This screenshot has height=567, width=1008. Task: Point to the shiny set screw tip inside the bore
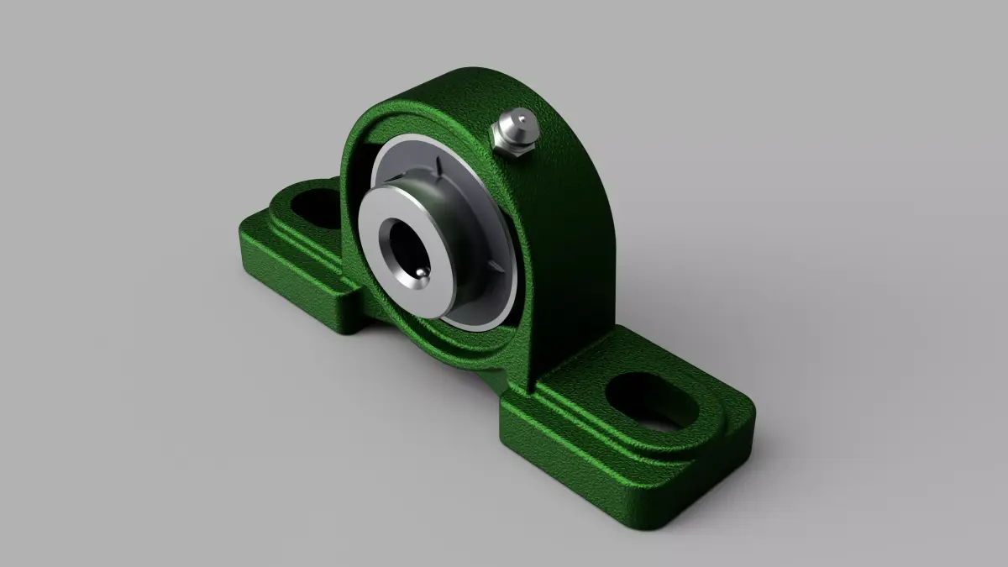point(419,274)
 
